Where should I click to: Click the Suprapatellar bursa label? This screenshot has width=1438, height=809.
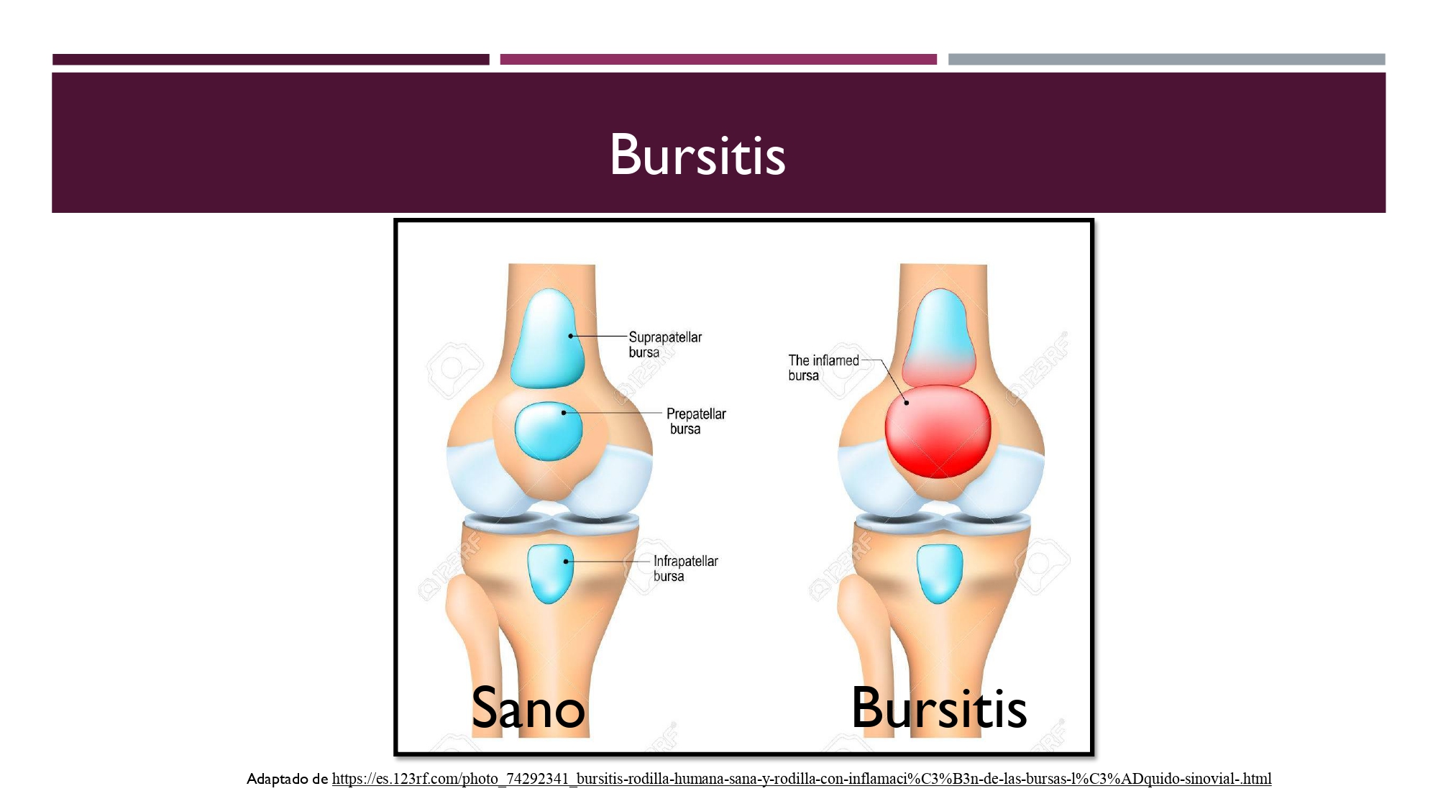[665, 344]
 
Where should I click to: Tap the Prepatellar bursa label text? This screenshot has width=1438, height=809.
[696, 421]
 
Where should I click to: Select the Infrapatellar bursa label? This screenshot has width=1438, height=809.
[685, 568]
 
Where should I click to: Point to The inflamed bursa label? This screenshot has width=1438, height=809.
[823, 367]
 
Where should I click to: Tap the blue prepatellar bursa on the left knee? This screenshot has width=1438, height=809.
[549, 431]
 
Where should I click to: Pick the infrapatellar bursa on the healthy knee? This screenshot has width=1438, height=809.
[550, 573]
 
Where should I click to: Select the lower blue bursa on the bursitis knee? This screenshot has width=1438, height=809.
[940, 573]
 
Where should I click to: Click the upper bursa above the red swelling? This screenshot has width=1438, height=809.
[939, 337]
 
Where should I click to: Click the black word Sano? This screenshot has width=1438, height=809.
[528, 708]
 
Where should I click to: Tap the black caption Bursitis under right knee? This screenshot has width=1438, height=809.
[939, 708]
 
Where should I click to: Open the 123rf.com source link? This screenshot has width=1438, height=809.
[802, 778]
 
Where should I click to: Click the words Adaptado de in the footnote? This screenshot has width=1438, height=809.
[287, 779]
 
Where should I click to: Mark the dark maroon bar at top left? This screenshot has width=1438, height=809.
[271, 60]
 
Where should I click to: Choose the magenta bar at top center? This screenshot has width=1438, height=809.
[718, 60]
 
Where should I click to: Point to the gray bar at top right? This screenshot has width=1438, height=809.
[1166, 60]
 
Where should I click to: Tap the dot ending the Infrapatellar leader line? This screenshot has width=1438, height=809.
[567, 562]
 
